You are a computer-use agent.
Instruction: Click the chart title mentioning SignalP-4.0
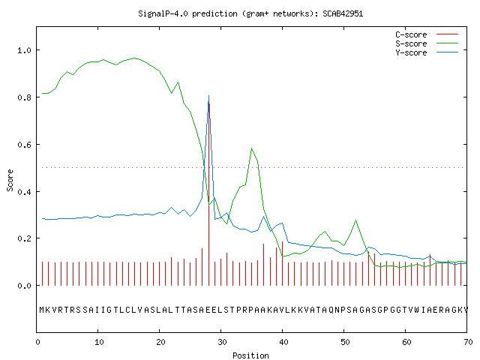tap(250, 13)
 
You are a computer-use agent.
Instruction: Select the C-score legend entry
tap(427, 34)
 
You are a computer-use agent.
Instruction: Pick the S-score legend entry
tap(427, 43)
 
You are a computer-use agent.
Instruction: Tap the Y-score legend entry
tap(427, 52)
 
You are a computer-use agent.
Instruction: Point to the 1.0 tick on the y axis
tap(24, 50)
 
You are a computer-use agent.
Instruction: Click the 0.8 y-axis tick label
tap(24, 97)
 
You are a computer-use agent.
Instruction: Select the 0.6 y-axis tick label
tap(24, 145)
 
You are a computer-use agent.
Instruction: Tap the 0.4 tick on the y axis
tap(24, 192)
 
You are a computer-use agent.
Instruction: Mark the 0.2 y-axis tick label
tap(24, 238)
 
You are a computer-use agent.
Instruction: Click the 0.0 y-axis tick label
tap(24, 286)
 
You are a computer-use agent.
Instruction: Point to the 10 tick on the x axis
tap(99, 342)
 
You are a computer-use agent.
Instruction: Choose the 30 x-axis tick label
tap(222, 342)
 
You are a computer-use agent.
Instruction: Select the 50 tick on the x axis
tap(345, 342)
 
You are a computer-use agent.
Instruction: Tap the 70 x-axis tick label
tap(468, 342)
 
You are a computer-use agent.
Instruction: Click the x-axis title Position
tap(250, 355)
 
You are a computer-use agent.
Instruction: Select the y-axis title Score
tap(10, 180)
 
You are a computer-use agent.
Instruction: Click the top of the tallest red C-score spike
tap(208, 103)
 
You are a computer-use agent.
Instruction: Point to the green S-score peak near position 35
tap(252, 148)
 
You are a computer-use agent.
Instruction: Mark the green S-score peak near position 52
tap(355, 220)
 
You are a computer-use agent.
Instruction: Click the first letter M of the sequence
tap(42, 310)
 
